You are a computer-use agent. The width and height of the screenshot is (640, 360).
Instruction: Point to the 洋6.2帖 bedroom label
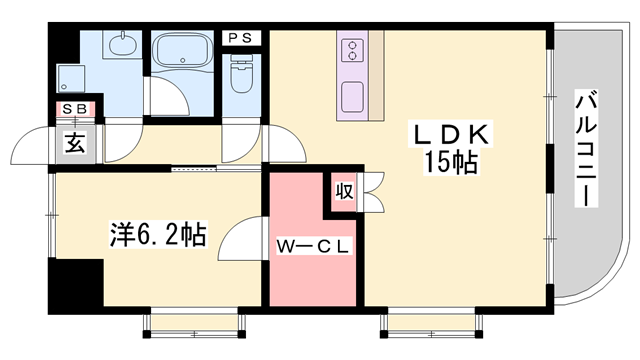pos(157,236)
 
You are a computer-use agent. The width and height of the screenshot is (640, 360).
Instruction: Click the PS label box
pos(240,38)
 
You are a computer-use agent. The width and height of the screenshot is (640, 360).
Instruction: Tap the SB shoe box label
pos(75,109)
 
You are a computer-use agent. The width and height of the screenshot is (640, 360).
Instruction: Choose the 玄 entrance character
pos(75,141)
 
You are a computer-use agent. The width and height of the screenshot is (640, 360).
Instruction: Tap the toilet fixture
pos(240,72)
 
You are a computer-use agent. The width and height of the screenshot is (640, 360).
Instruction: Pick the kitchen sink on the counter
pos(353,98)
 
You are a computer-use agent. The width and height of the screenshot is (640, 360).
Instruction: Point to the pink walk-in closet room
pos(311,270)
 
